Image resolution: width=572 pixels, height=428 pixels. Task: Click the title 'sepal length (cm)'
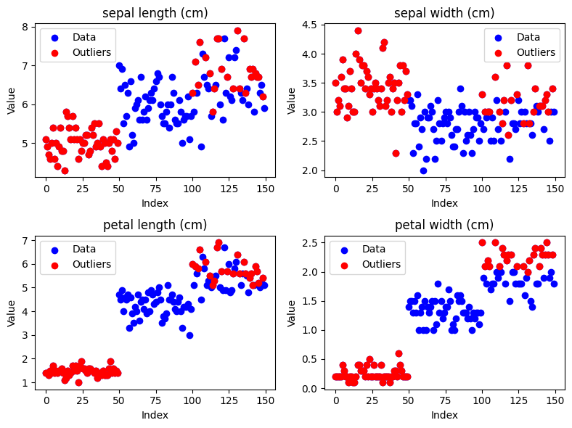(155, 13)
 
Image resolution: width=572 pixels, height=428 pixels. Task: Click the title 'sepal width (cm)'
(444, 13)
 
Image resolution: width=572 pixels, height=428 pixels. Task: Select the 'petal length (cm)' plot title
(155, 225)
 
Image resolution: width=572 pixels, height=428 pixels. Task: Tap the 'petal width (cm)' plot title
(444, 225)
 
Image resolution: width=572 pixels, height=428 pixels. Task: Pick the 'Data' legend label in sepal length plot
(84, 36)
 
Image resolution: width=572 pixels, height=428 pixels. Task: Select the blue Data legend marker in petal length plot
(56, 249)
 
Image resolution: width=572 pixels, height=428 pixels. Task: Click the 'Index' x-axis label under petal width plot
(444, 415)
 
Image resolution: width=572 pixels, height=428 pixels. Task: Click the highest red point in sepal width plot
(358, 30)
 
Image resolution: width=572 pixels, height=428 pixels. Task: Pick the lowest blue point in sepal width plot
(423, 170)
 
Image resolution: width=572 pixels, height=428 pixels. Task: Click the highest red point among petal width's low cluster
(399, 353)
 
